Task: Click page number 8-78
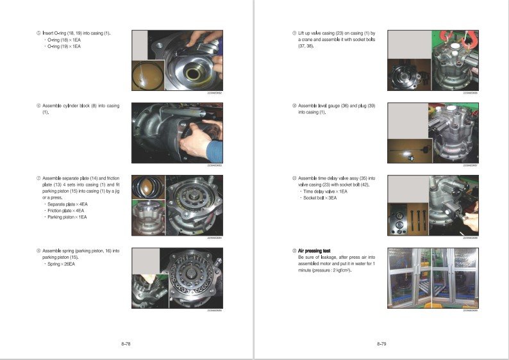point(126,344)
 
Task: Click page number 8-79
point(381,344)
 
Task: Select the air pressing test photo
point(434,277)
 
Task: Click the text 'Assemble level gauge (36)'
point(326,106)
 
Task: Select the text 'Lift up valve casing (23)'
point(326,33)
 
